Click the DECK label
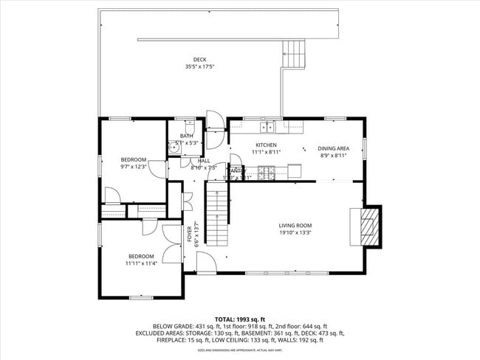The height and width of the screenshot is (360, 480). tap(200, 60)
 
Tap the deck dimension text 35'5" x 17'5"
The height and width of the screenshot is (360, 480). tap(200, 67)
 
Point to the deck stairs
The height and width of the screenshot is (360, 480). tap(293, 55)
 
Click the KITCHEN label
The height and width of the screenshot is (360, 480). tap(266, 145)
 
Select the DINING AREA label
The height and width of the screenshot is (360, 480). tap(334, 148)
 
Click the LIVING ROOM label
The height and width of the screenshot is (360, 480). tap(295, 226)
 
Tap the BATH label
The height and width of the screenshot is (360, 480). tap(186, 136)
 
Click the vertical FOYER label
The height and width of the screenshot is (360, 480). tap(189, 235)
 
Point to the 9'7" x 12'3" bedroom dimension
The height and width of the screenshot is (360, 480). tap(134, 167)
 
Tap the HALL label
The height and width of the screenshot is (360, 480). tap(204, 160)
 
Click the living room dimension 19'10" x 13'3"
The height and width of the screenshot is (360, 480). tap(295, 233)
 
